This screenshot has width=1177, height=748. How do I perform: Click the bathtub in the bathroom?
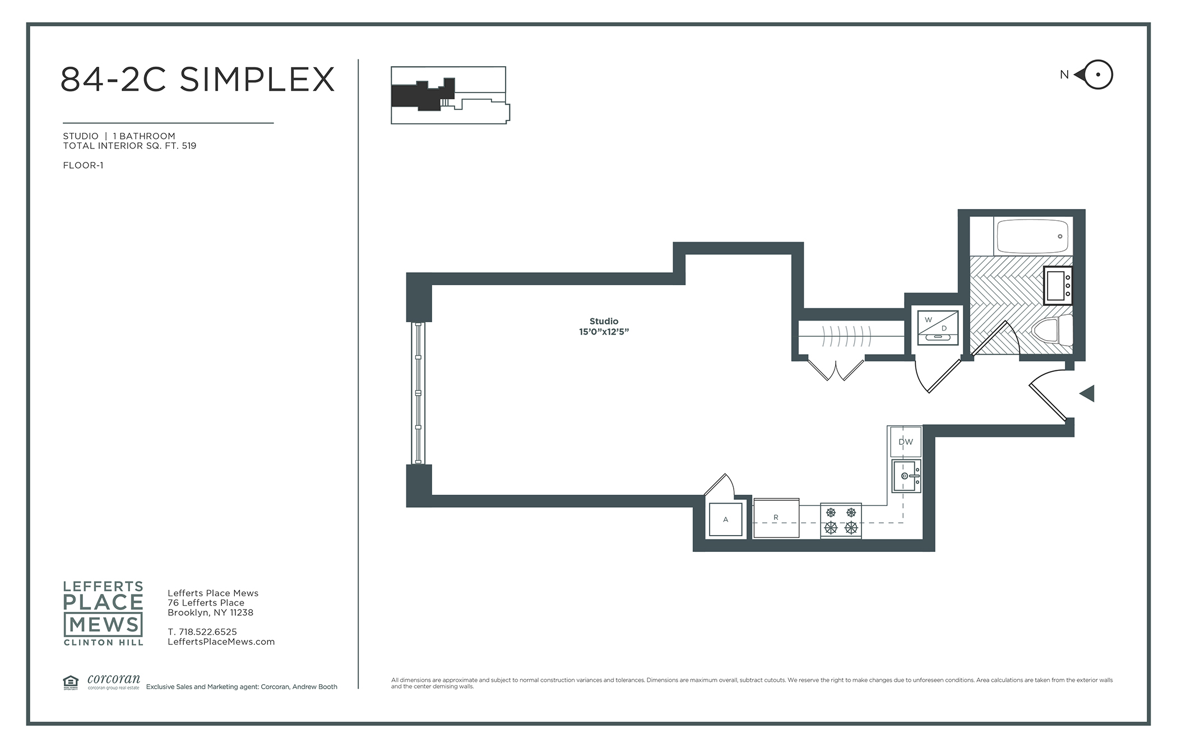pos(1032,236)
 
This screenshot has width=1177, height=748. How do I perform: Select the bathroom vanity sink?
pos(1058,286)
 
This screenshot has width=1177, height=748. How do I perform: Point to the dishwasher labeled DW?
pos(906,442)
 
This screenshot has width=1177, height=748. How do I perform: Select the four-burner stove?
pos(841,521)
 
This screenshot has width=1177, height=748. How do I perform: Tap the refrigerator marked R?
pos(776,518)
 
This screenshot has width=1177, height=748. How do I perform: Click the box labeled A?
pos(726,520)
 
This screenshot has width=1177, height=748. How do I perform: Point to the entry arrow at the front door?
pos(1088,393)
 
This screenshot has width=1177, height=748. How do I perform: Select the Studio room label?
pos(604,321)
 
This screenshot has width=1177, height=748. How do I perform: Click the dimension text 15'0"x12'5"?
pos(604,332)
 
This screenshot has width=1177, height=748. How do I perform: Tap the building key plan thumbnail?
pos(450,95)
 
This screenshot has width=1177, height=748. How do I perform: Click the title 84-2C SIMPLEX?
pos(197,79)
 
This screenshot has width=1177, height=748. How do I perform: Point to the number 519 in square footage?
pos(189,146)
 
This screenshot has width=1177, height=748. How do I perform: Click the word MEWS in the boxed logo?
pos(104,624)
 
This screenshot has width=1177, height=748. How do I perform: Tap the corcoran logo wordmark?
pos(114,680)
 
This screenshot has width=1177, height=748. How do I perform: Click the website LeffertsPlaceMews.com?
pos(221,642)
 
